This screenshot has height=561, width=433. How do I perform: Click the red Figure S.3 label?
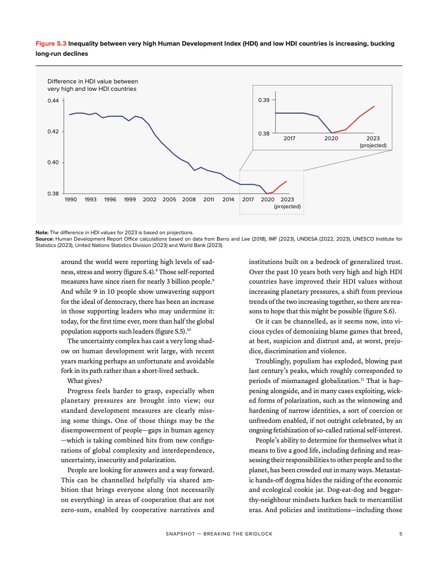pyautogui.click(x=50, y=44)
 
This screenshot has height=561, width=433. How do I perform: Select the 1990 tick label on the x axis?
pyautogui.click(x=71, y=200)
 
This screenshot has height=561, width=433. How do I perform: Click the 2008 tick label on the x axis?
pyautogui.click(x=189, y=200)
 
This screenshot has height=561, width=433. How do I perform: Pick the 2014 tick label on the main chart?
pyautogui.click(x=228, y=200)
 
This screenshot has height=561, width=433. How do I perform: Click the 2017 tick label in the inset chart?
pyautogui.click(x=289, y=138)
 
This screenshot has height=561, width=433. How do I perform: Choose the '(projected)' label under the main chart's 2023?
pyautogui.click(x=287, y=206)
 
